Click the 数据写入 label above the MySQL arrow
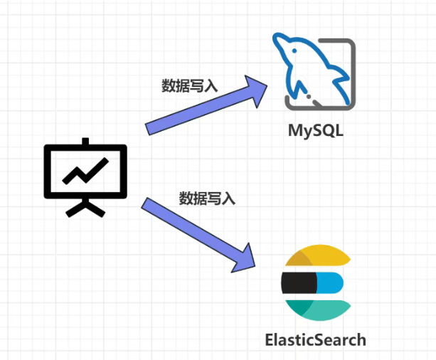pyautogui.click(x=190, y=86)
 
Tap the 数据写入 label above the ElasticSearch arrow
pyautogui.click(x=207, y=198)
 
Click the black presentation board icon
pyautogui.click(x=85, y=175)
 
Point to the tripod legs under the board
pyautogui.click(x=85, y=207)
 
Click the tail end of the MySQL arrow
pyautogui.click(x=150, y=128)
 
